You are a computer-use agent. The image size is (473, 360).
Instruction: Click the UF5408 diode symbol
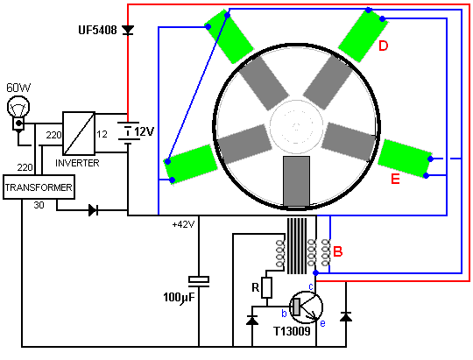point(128,30)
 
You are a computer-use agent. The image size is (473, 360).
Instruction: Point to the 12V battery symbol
point(128,131)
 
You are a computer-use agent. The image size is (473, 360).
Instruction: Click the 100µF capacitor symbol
point(199,281)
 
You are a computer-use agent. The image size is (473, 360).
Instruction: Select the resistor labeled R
point(266,287)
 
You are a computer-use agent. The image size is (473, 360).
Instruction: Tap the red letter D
point(383,46)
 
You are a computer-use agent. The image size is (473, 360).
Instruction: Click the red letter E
point(395,179)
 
